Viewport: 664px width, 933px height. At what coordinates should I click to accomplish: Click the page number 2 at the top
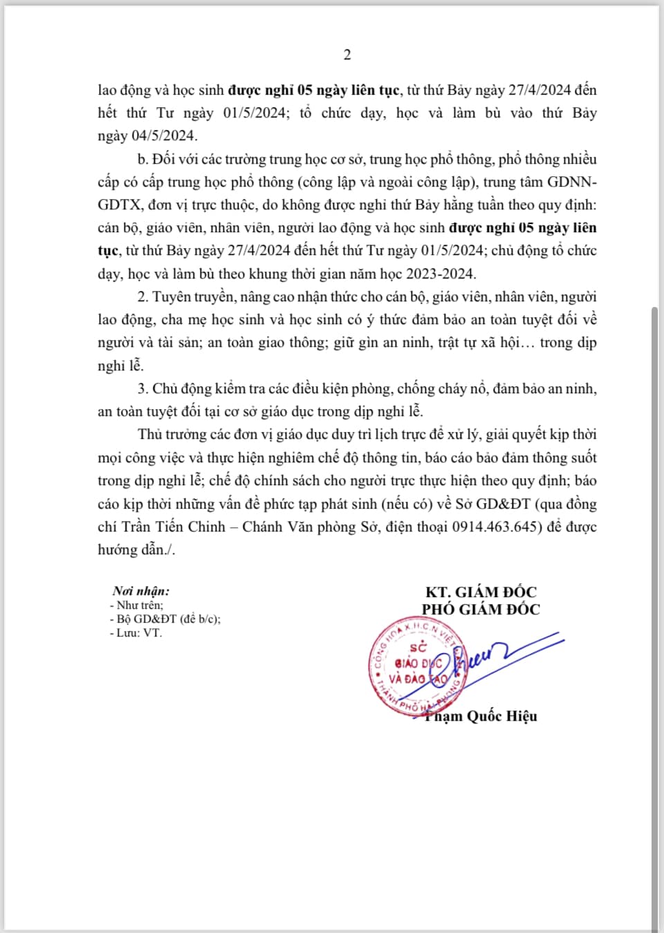pos(347,55)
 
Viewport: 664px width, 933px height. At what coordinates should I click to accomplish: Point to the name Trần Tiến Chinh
pos(174,527)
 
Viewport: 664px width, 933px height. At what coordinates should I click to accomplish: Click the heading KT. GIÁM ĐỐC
pos(481,592)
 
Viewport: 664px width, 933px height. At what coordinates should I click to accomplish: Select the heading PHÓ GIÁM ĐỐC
pos(481,609)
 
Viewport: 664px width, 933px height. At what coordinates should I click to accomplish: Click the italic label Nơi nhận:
pos(141,591)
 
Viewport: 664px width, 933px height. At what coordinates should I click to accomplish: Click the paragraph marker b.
pos(142,159)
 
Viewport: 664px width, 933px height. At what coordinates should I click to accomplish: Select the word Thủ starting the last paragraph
pos(150,435)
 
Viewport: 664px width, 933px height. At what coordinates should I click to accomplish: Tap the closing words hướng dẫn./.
pos(136,550)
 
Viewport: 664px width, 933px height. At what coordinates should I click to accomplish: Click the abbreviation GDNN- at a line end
pos(572,182)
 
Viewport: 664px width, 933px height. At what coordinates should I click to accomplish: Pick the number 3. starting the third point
pos(143,388)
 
